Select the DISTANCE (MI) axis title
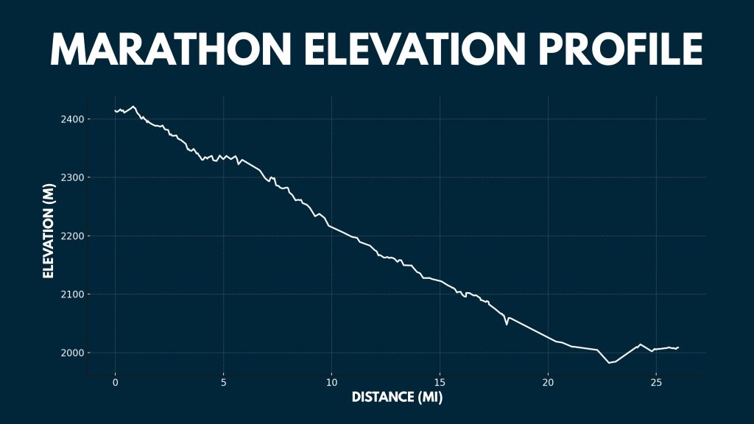397,397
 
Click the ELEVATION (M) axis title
49,231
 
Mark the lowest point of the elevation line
609,363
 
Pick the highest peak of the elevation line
133,107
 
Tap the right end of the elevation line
678,347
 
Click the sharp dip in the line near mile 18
507,324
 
